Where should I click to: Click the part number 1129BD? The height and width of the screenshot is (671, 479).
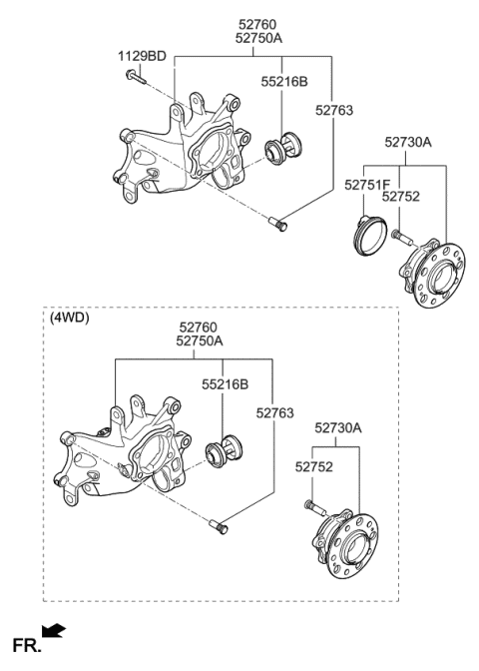tap(143, 56)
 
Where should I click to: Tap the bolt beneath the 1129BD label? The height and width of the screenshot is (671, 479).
tap(133, 76)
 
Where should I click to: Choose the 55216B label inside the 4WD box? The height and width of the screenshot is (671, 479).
tap(227, 382)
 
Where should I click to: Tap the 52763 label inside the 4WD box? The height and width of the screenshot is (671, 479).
tap(276, 410)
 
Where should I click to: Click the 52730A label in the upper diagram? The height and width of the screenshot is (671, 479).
tap(409, 143)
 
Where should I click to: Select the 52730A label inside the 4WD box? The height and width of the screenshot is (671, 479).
tap(338, 427)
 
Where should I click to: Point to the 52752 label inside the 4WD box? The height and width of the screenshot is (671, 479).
tap(311, 465)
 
